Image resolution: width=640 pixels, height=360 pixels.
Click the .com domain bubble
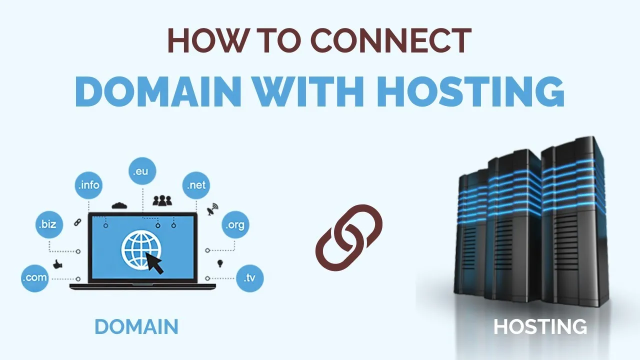pyautogui.click(x=35, y=278)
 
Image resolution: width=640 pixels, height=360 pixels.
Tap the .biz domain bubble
pyautogui.click(x=49, y=224)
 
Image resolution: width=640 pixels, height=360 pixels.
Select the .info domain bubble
pyautogui.click(x=88, y=185)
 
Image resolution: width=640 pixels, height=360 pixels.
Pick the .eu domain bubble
pyautogui.click(x=142, y=171)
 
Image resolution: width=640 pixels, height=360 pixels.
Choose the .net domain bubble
pyautogui.click(x=196, y=185)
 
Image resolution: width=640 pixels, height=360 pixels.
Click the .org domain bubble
pyautogui.click(x=235, y=224)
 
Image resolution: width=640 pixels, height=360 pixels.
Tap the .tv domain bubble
pyautogui.click(x=250, y=278)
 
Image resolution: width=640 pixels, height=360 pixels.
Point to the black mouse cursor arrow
pyautogui.click(x=154, y=262)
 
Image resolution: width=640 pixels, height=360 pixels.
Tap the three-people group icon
pyautogui.click(x=162, y=200)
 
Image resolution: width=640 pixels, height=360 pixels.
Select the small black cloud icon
pyautogui.click(x=119, y=205)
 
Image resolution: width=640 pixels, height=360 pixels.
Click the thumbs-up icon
pyautogui.click(x=57, y=264)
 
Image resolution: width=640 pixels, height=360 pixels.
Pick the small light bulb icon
pyautogui.click(x=220, y=263)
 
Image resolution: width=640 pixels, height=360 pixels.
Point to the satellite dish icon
pyautogui.click(x=212, y=209)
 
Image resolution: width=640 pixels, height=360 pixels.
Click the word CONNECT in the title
pyautogui.click(x=391, y=40)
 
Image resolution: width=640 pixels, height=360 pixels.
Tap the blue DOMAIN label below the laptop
pyautogui.click(x=136, y=326)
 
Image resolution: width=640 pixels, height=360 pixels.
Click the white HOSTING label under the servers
pyautogui.click(x=540, y=326)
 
